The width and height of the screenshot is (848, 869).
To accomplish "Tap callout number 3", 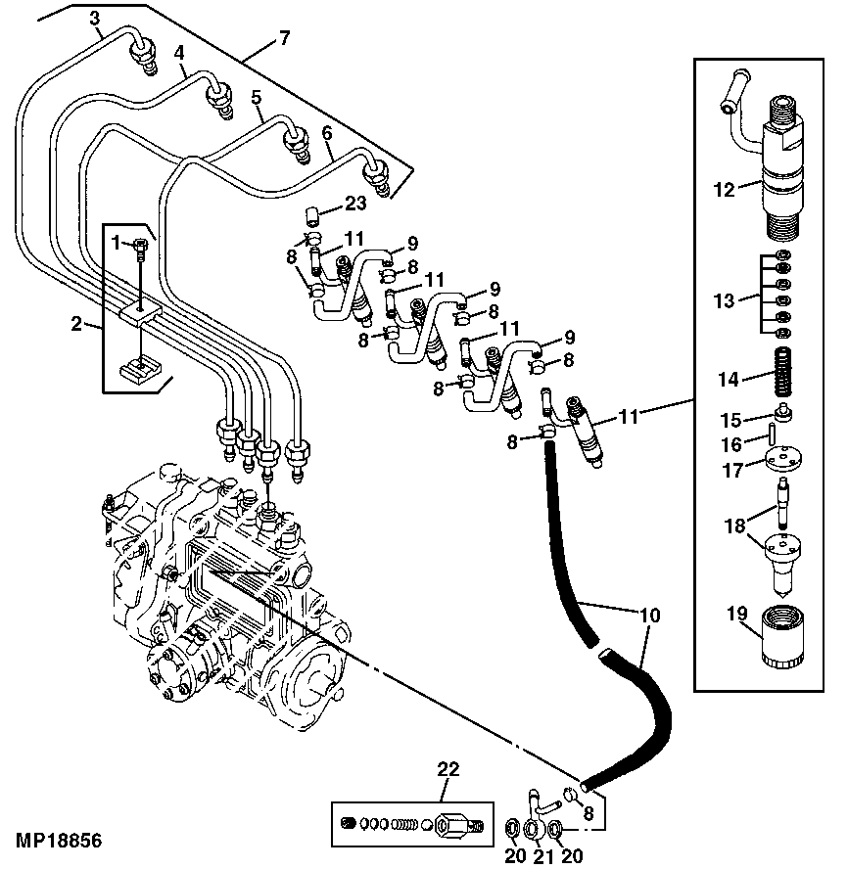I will (x=94, y=18).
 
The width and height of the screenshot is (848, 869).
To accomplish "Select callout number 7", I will (x=284, y=38).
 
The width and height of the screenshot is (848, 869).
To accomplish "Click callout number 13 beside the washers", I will (x=724, y=301).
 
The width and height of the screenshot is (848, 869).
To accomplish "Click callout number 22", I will (x=448, y=770).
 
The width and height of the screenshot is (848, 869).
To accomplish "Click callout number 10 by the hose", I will (x=650, y=616).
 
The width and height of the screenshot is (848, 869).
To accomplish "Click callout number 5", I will (x=256, y=97).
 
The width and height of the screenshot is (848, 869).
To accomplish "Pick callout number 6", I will (x=327, y=132).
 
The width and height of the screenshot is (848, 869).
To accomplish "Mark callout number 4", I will (x=180, y=52).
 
